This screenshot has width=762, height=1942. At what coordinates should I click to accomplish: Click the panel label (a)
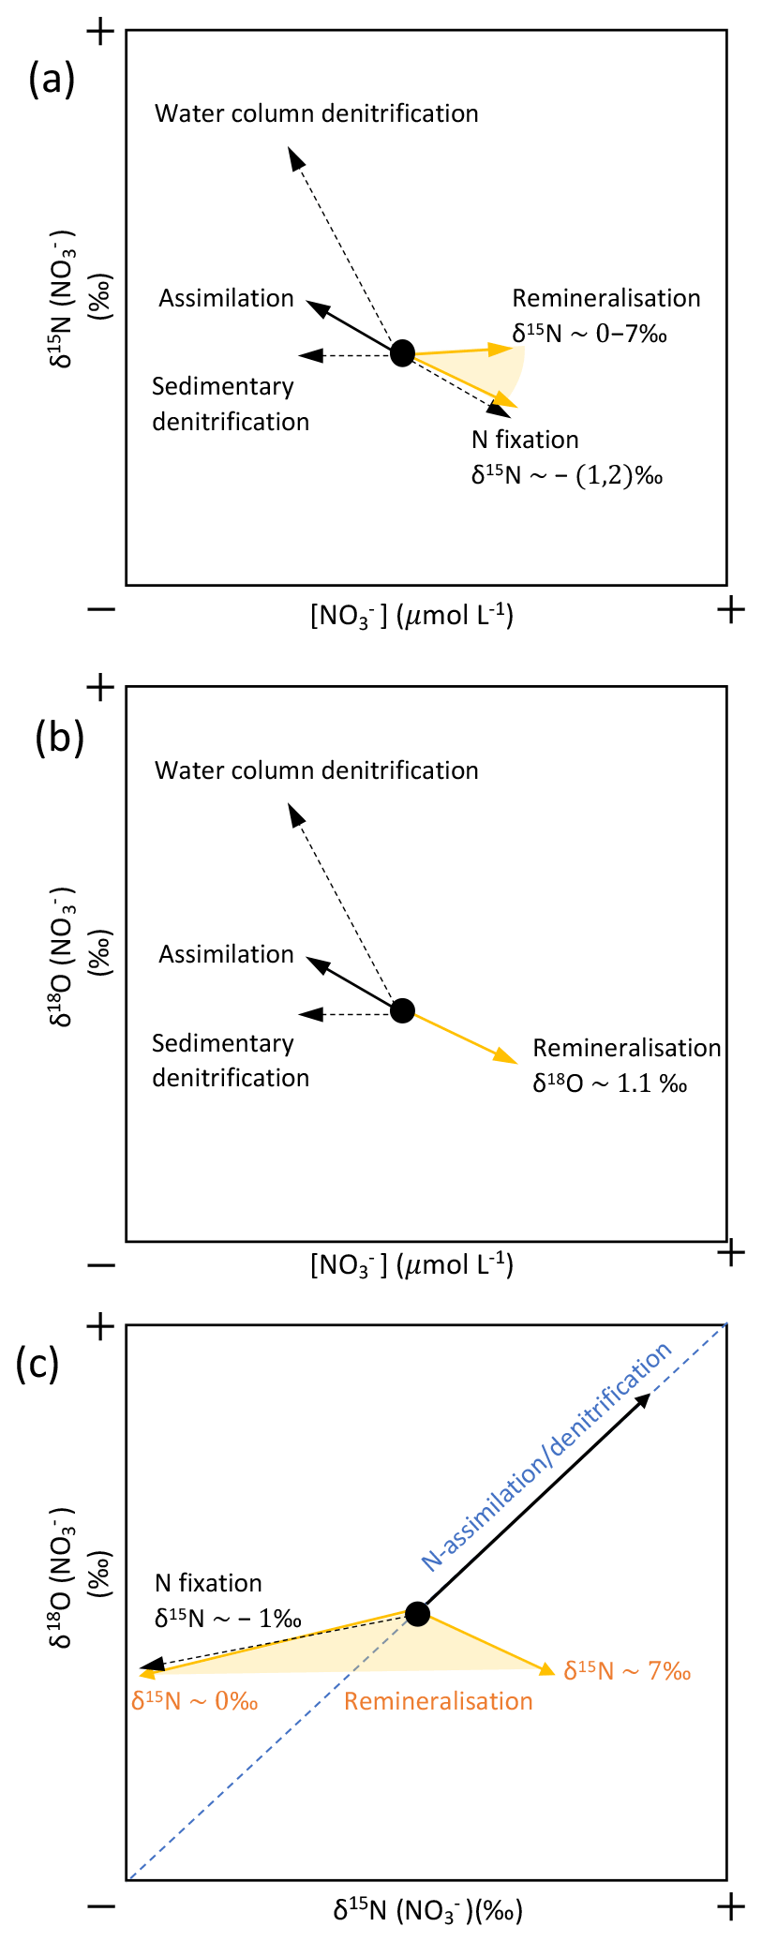click(51, 80)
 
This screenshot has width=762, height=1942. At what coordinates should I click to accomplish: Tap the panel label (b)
click(59, 738)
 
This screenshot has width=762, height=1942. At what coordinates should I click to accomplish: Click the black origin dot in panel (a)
click(402, 353)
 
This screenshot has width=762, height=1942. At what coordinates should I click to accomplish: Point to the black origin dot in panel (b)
click(402, 1010)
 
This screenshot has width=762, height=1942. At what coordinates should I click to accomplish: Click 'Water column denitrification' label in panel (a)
click(316, 113)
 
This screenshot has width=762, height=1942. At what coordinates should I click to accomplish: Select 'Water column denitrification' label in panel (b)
click(316, 770)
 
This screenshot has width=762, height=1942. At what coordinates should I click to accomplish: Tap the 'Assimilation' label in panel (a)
click(226, 298)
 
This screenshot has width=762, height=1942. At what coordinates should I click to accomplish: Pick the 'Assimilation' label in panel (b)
click(226, 954)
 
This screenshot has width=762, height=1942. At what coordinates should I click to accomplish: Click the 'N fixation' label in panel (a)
click(525, 440)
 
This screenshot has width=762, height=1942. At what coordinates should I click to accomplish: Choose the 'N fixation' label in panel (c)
click(208, 1583)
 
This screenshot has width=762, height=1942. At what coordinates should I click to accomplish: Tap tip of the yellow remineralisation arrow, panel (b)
click(514, 1061)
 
